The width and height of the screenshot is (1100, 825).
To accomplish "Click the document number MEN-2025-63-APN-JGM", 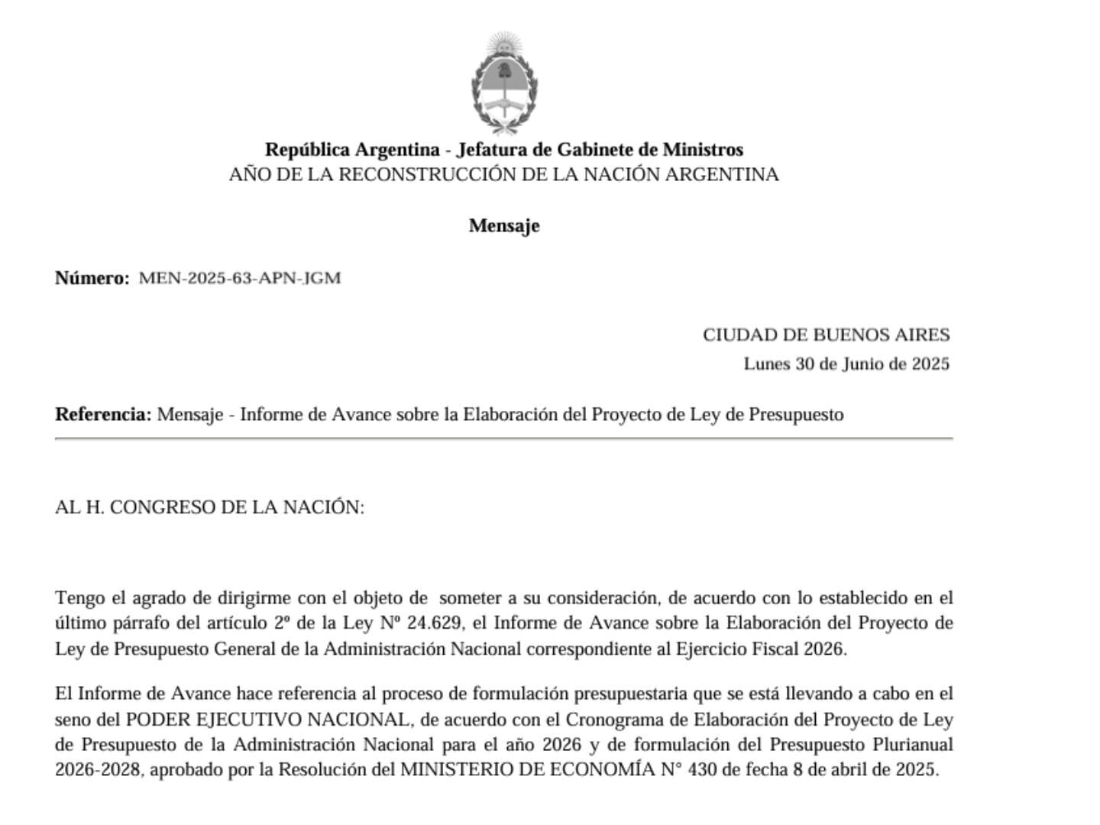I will pos(240,278).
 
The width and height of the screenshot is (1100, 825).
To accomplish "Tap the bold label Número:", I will pos(92,278).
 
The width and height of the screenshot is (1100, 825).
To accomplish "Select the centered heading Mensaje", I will pos(504,226).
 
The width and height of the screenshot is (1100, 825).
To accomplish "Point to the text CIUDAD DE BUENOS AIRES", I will pos(826,335).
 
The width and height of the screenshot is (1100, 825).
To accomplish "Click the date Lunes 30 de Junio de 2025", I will pos(846,364).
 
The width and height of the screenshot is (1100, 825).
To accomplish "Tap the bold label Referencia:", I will pos(103,415).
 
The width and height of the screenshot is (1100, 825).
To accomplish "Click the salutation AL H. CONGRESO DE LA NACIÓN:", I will pos(209,507).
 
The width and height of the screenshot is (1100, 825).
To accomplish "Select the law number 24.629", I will pos(435,623).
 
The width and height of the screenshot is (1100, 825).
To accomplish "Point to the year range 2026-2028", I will pos(98,769).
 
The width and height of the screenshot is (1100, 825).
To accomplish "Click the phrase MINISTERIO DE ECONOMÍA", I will pos(528,769).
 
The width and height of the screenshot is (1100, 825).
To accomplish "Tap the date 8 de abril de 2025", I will pos(865,769).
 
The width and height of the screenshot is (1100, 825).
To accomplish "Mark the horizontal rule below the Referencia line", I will pos(503,439).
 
